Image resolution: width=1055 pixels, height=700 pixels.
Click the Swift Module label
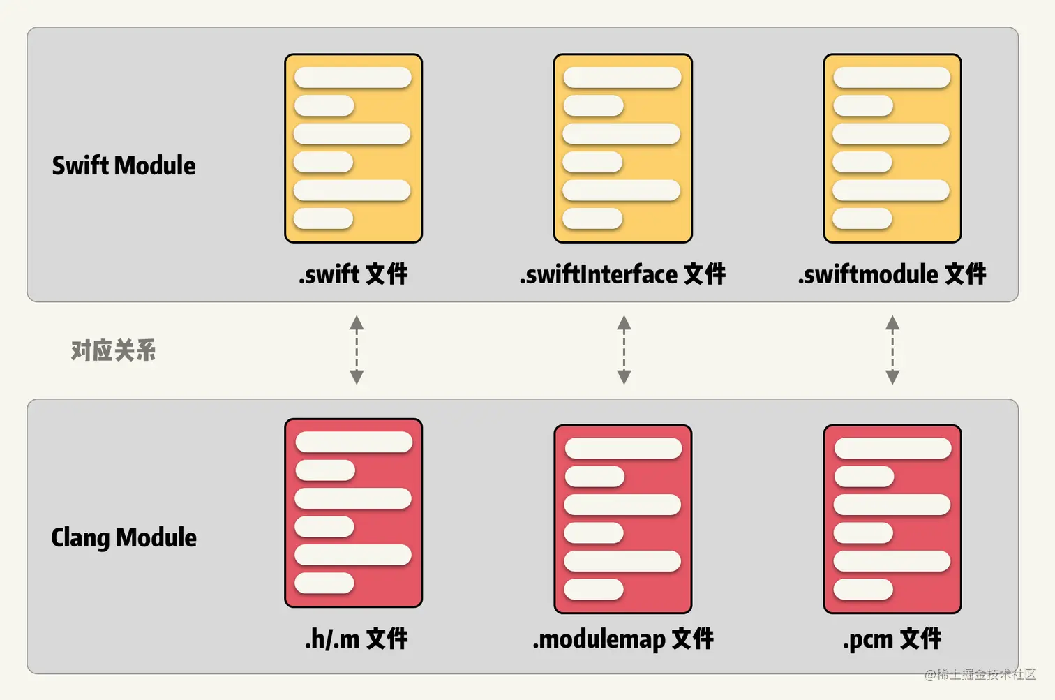pyautogui.click(x=124, y=166)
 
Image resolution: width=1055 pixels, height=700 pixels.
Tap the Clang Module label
pyautogui.click(x=124, y=538)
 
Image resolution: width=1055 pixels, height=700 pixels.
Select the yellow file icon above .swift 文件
pyautogui.click(x=353, y=149)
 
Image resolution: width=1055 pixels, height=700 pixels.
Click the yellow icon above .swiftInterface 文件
pyautogui.click(x=622, y=149)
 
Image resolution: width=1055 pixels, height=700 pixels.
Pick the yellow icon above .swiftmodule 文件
pyautogui.click(x=892, y=149)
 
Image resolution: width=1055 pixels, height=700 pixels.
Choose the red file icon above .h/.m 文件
pyautogui.click(x=353, y=513)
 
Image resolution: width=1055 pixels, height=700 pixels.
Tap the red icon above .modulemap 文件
pyautogui.click(x=622, y=519)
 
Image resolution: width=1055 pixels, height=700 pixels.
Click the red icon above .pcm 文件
pyautogui.click(x=892, y=519)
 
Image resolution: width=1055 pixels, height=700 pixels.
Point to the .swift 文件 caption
pyautogui.click(x=353, y=274)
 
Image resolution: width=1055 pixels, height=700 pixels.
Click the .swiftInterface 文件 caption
pyautogui.click(x=622, y=274)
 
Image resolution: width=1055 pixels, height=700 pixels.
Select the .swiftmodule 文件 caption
pyautogui.click(x=892, y=274)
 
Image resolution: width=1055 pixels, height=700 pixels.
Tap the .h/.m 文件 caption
pyautogui.click(x=356, y=639)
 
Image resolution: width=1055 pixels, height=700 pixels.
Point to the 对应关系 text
pyautogui.click(x=113, y=350)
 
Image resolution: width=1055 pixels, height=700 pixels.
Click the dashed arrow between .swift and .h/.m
pyautogui.click(x=357, y=350)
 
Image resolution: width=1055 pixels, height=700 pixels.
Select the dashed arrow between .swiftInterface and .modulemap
pyautogui.click(x=624, y=350)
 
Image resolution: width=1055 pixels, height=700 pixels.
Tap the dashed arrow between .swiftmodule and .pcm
pyautogui.click(x=892, y=350)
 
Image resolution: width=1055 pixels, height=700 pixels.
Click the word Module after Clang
pyautogui.click(x=156, y=538)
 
